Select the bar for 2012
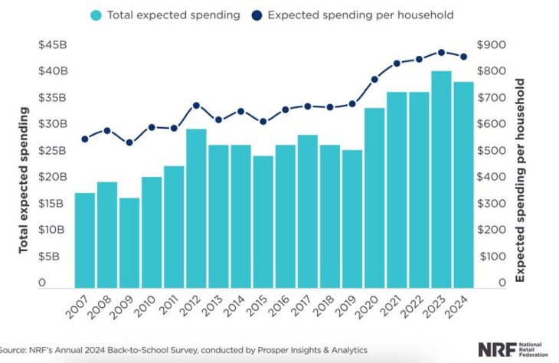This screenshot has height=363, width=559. [196, 207]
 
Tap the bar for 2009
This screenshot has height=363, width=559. [129, 241]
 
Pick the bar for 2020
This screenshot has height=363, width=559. [374, 196]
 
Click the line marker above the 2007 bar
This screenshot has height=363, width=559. [85, 139]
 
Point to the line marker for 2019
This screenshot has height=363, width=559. [352, 103]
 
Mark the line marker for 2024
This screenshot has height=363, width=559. [463, 56]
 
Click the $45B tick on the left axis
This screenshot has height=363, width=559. [53, 45]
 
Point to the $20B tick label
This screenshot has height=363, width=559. [53, 177]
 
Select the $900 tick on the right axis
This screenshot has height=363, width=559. [491, 45]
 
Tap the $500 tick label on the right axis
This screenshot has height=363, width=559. [491, 151]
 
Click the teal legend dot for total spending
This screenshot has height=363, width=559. [96, 15]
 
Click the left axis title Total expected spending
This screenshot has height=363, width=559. [24, 181]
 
